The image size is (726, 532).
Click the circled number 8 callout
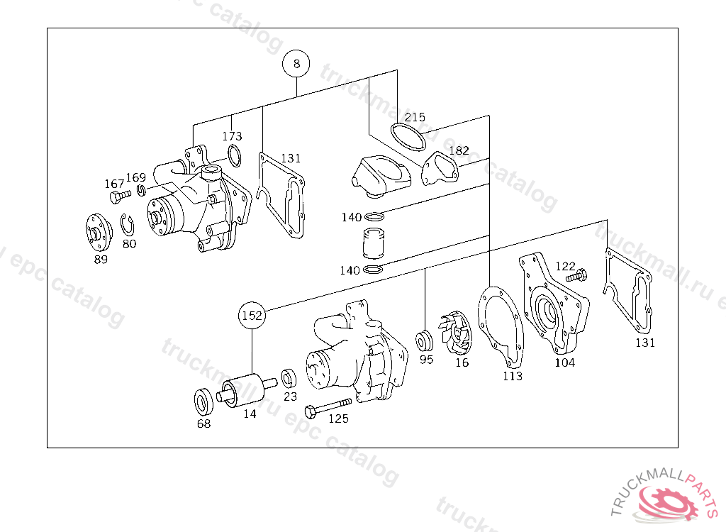(x=296, y=64)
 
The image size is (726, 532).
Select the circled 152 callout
(x=252, y=314)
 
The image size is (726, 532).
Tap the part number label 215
(x=415, y=118)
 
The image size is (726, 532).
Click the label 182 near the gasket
(x=459, y=150)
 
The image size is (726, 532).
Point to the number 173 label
(x=232, y=136)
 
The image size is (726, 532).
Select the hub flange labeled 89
(x=97, y=232)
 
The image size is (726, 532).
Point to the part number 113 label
(x=512, y=376)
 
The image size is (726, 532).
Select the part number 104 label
(x=564, y=362)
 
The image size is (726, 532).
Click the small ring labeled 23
(x=289, y=377)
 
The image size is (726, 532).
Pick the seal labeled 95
(x=425, y=341)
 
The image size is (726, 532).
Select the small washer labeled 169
(x=141, y=189)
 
